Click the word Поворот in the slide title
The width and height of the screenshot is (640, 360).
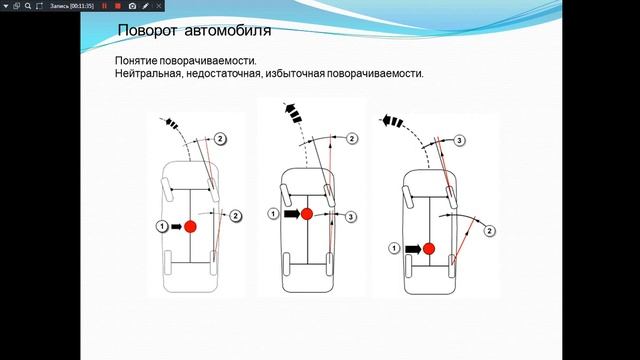pos(147,31)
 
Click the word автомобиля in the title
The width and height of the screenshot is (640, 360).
pos(228,31)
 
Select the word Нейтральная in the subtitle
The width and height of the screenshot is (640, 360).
pos(148,74)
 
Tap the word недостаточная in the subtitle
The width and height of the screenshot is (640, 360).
pos(223,74)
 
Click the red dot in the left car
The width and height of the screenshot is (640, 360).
pos(190,227)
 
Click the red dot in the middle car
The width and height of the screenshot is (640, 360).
pos(307,214)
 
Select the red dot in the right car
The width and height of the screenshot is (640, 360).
pos(429,249)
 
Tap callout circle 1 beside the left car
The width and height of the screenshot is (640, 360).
pos(162,226)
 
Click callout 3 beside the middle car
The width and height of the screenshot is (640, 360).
pos(351,217)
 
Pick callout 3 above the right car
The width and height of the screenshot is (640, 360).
pos(460,141)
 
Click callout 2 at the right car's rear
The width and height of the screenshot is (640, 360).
pos(489,231)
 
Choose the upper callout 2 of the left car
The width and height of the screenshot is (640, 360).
pos(220,139)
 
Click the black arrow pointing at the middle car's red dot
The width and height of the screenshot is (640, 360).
pos(292,214)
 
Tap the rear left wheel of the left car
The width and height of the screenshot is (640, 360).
pos(167,262)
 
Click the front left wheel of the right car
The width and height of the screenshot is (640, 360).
pos(407,197)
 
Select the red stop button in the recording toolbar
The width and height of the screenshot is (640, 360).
pos(118,6)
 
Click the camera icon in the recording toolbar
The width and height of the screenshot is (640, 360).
pos(132,6)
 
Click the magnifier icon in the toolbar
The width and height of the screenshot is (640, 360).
pos(28,6)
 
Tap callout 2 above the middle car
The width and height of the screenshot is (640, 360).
pos(352,139)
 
